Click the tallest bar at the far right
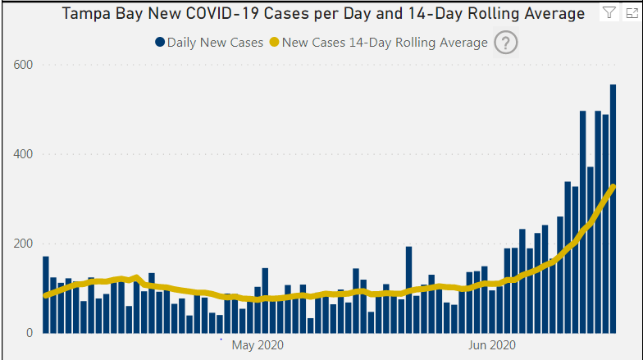(613, 209)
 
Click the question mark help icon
(506, 43)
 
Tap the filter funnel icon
(609, 12)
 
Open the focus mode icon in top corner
(630, 12)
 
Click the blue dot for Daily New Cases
(160, 43)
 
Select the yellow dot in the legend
(275, 43)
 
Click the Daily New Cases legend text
(215, 43)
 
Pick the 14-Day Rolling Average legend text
(385, 43)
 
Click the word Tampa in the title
(84, 14)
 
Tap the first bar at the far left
(46, 294)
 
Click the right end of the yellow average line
(613, 187)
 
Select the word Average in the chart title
(554, 14)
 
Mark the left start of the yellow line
(45, 295)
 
